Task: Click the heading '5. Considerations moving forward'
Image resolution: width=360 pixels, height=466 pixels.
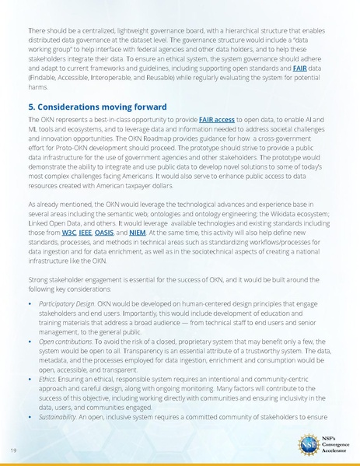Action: tap(96, 106)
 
